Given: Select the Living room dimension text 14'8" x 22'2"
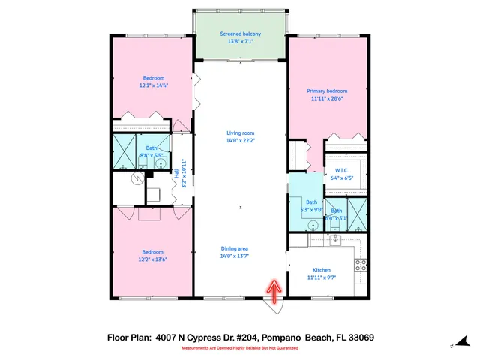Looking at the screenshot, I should click(240, 140).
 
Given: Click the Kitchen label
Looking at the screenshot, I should click(322, 269).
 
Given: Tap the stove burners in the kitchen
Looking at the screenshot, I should click(360, 265).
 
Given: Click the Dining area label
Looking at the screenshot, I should click(235, 248).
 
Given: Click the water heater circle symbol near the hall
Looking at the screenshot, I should click(136, 179).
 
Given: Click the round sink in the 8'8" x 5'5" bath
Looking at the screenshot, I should click(160, 162).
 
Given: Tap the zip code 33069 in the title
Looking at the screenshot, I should click(361, 337).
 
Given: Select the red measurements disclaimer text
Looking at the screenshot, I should click(240, 349).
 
